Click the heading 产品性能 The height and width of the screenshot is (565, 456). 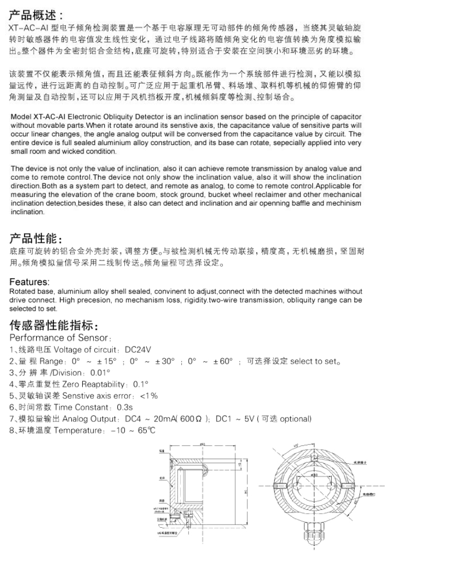pos(35,239)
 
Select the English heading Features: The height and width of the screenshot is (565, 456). pos(29,282)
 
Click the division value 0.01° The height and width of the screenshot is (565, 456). pos(101,373)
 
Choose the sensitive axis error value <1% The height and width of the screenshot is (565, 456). pos(149,396)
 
